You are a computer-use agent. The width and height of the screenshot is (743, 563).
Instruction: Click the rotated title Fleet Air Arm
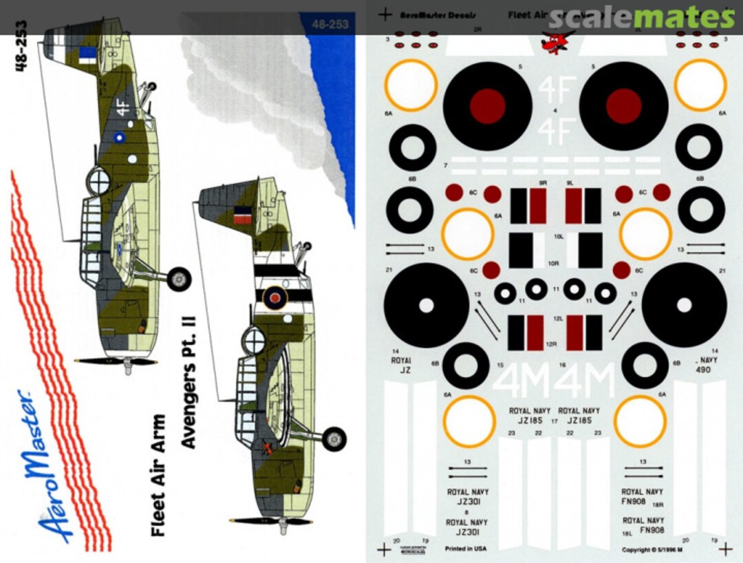point(158,475)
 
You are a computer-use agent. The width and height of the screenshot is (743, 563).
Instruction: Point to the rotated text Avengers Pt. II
point(189,385)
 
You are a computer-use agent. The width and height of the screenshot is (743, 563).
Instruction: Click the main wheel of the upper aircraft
point(179,279)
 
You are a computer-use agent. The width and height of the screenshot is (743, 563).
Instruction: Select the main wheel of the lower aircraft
point(334,439)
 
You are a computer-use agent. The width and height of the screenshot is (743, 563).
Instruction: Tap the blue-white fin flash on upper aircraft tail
point(87,53)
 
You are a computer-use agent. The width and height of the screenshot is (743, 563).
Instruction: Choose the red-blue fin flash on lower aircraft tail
point(242,213)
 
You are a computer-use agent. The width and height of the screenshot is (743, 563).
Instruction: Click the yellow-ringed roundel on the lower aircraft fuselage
point(276,297)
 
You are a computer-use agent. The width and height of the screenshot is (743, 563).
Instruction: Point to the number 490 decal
point(702,369)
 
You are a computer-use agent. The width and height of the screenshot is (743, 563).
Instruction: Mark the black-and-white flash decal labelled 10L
point(526,250)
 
